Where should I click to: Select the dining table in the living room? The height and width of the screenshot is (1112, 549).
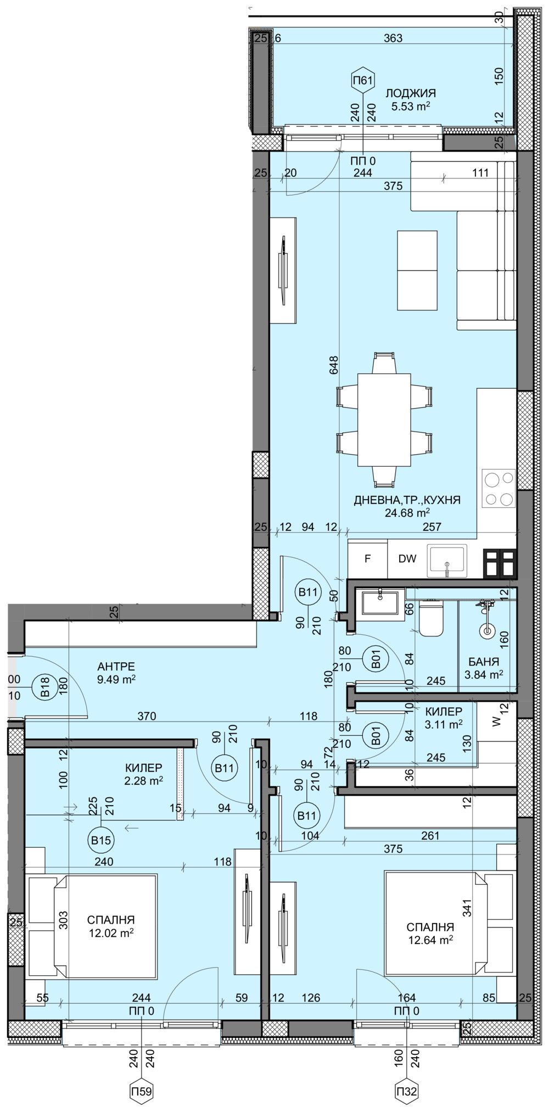pos(384,420)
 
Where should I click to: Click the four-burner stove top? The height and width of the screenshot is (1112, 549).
pos(498,489)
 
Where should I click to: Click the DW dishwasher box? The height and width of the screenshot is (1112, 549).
pos(407,559)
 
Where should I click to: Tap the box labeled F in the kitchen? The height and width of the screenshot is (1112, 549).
pos(368,559)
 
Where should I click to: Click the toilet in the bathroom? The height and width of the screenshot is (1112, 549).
pos(430,618)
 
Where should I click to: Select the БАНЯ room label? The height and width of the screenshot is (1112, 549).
pos(484,662)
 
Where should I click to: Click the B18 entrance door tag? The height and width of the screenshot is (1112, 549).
pos(45,687)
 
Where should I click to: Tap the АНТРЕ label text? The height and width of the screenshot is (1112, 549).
pos(116,667)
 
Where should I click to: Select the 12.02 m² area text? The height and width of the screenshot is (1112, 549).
pos(111,932)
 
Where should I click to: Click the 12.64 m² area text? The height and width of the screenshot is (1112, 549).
pos(430,940)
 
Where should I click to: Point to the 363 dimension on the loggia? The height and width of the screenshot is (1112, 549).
pos(393,38)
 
